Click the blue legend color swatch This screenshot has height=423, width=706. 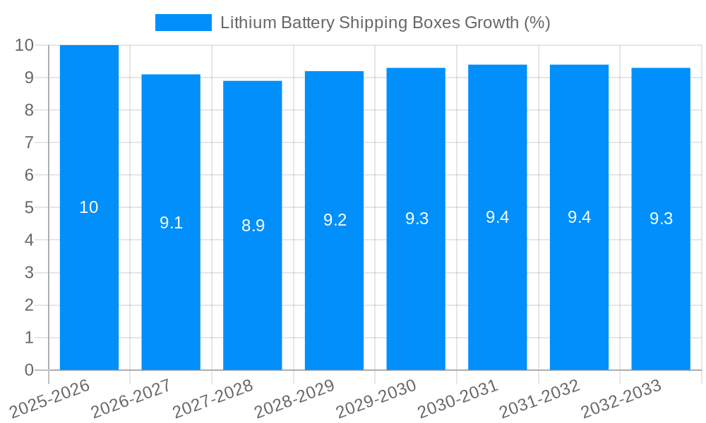tap(184, 23)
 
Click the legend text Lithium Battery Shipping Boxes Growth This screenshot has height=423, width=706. tap(385, 23)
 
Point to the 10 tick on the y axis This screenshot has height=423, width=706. tap(24, 45)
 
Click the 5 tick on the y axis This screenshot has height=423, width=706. tap(29, 208)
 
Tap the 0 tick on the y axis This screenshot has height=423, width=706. tap(29, 370)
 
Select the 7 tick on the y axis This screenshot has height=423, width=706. tap(29, 142)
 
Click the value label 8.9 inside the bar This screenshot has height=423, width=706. tap(253, 226)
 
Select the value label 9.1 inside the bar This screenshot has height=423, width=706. tap(171, 223)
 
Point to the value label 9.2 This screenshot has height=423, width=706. tap(335, 220)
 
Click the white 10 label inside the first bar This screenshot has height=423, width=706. tap(89, 207)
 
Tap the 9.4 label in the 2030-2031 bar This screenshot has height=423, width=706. tap(498, 217)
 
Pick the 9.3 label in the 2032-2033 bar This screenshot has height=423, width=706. tap(661, 219)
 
